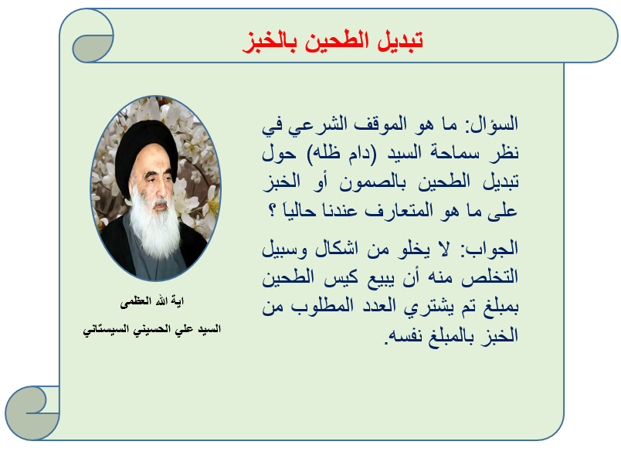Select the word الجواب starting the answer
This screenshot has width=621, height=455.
(x=492, y=249)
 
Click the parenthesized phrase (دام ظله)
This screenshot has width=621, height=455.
(x=342, y=153)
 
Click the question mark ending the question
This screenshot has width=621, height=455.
(x=272, y=210)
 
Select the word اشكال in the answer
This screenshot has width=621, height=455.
(x=337, y=249)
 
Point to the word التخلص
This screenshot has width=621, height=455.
(x=490, y=277)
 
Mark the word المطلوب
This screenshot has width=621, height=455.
(x=322, y=307)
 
